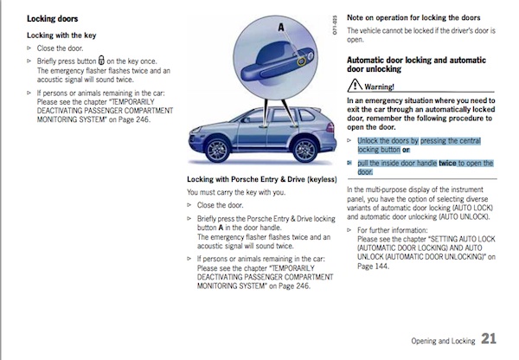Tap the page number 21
click(490, 338)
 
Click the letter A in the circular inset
click(280, 28)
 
